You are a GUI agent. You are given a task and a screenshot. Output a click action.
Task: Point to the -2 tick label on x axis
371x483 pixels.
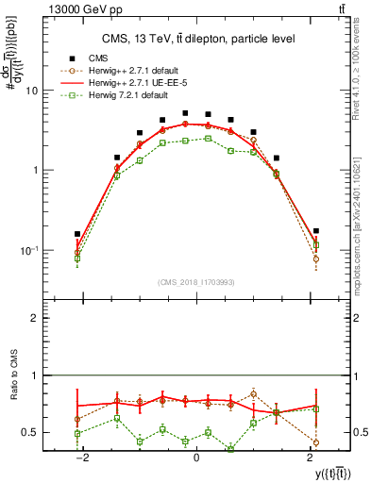tap(83, 458)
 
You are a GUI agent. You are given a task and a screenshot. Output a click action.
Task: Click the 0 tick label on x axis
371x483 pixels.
tap(195, 458)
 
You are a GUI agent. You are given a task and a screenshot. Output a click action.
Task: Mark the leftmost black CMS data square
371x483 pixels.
tap(77, 234)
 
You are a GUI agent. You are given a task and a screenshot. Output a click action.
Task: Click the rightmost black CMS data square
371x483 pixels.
tap(315, 231)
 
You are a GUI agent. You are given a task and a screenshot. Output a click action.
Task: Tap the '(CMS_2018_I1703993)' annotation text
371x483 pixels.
tap(196, 281)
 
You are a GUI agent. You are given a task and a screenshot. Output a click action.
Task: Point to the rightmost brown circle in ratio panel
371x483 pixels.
tap(315, 441)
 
